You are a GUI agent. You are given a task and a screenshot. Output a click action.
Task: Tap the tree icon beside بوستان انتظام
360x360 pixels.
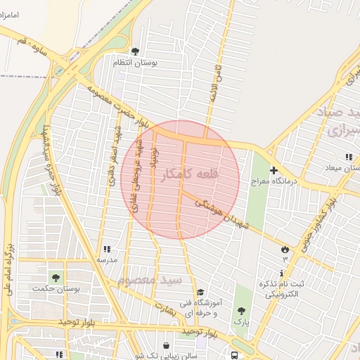click(135, 51)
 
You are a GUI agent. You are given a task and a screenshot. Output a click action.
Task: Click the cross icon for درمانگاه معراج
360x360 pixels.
click(274, 170)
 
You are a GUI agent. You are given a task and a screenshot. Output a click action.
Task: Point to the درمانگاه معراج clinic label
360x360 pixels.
click(277, 181)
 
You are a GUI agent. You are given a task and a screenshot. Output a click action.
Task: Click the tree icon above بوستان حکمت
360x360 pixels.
click(55, 276)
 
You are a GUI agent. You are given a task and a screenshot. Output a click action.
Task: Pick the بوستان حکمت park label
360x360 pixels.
click(56, 288)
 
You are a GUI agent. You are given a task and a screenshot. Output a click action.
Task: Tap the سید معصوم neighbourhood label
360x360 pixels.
click(150, 280)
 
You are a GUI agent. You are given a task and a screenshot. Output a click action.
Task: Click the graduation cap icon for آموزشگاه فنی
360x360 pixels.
click(200, 292)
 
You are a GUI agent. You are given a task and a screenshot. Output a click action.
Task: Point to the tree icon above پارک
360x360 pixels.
click(241, 311)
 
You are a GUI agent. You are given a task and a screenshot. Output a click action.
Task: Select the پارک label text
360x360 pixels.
click(241, 322)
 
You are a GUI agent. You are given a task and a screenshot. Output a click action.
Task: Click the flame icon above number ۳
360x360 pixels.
click(285, 248)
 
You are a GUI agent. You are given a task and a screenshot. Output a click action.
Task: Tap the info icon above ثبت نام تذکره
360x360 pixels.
click(282, 273)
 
